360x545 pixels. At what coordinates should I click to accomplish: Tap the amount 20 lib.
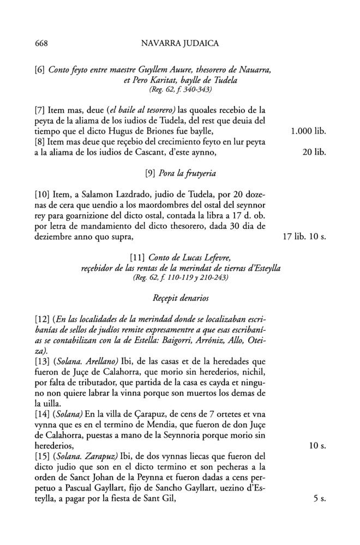pyautogui.click(x=314, y=153)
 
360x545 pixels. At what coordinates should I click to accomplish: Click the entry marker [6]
pyautogui.click(x=39, y=70)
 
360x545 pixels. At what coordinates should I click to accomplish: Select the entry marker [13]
pyautogui.click(x=42, y=362)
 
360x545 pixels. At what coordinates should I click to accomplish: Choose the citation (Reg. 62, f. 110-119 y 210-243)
pyautogui.click(x=179, y=277)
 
